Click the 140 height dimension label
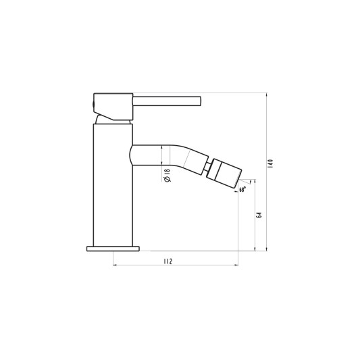tap(270, 163)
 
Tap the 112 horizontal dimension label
tap(168, 261)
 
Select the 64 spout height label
tap(259, 215)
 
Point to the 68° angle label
tap(242, 189)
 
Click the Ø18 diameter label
tap(167, 176)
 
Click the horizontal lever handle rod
tap(167, 101)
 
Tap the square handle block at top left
tap(113, 107)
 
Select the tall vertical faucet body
tap(113, 185)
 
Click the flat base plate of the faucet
tap(113, 249)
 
